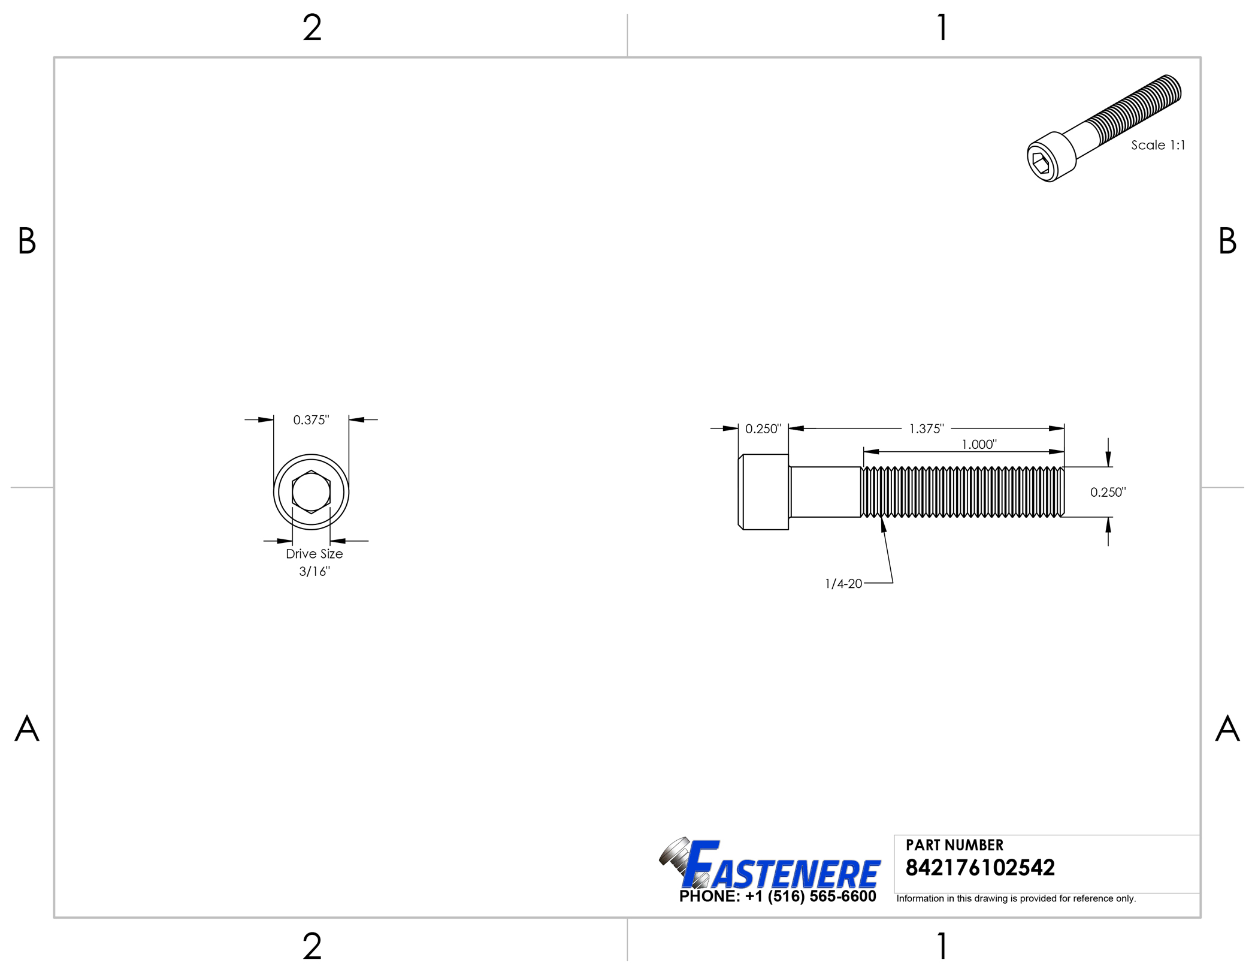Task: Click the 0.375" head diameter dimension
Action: tap(311, 420)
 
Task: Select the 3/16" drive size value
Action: tap(314, 571)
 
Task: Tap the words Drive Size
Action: tap(314, 554)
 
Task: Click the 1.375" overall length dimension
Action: tap(926, 428)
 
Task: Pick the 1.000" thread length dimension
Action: tap(979, 444)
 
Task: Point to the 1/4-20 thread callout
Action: tap(843, 584)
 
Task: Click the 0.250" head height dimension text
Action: tap(763, 428)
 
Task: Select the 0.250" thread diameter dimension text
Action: tap(1108, 492)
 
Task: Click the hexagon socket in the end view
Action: tap(311, 492)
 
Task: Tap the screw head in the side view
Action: tap(764, 492)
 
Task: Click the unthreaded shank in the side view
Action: tap(825, 492)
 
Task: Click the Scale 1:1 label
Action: tap(1157, 145)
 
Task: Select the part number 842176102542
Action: tap(980, 868)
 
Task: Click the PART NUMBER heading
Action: tap(954, 845)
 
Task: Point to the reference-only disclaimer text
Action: tap(1016, 898)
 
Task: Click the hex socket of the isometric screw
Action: tap(1041, 162)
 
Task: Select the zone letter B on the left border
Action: tap(27, 241)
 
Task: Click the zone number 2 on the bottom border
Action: tap(312, 946)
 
